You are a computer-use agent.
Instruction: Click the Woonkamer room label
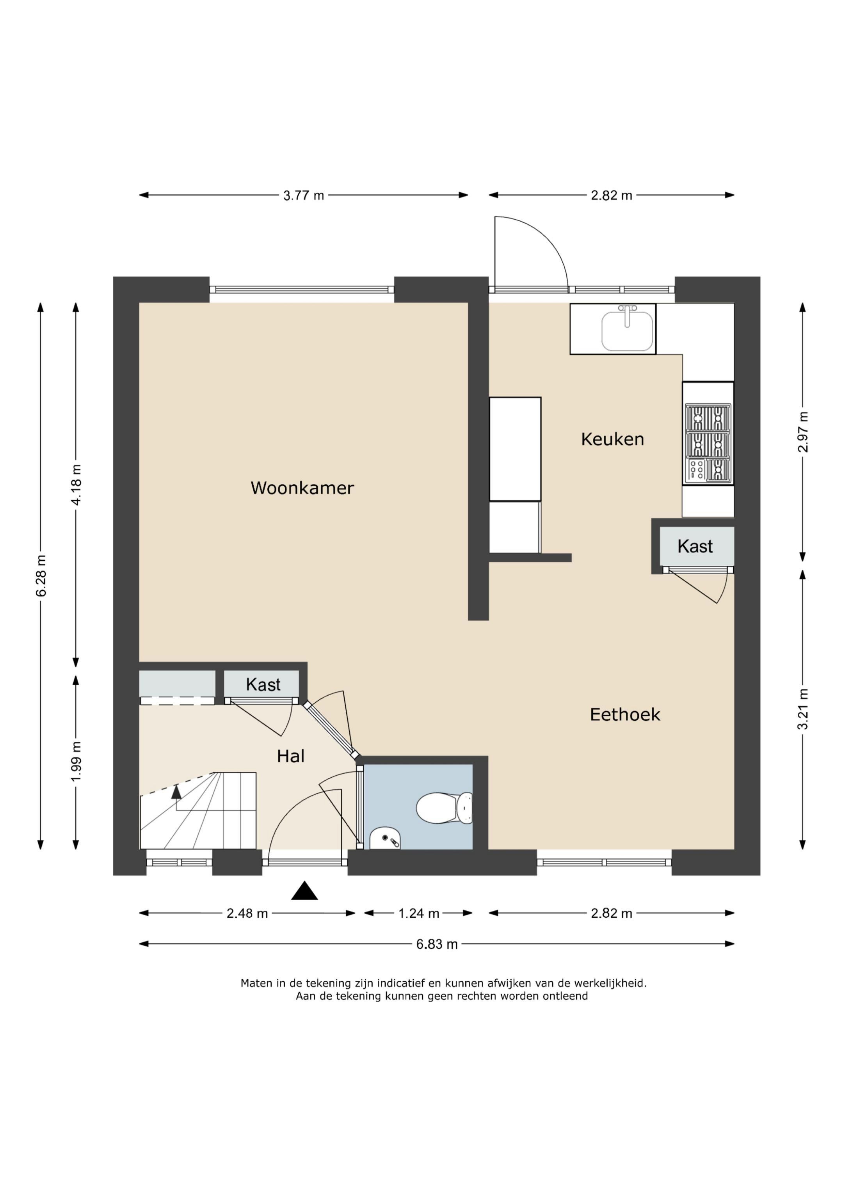coord(302,488)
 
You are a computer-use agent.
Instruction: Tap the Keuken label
coord(612,439)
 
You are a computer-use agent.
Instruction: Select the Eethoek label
coord(625,715)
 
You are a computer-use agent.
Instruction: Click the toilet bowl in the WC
coord(445,808)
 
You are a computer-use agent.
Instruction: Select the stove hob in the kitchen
coord(708,443)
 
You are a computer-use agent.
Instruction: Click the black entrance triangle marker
coord(304,890)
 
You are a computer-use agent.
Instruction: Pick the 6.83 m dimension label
coord(437,944)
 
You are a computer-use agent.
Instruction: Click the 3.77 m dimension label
coord(303,196)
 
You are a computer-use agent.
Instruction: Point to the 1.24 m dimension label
coord(419,913)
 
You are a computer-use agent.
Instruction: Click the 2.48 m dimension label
coord(247,913)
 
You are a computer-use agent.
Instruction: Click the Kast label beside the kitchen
coord(695,546)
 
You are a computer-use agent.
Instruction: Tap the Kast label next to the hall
coord(263,685)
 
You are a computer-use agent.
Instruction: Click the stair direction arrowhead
coord(176,792)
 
